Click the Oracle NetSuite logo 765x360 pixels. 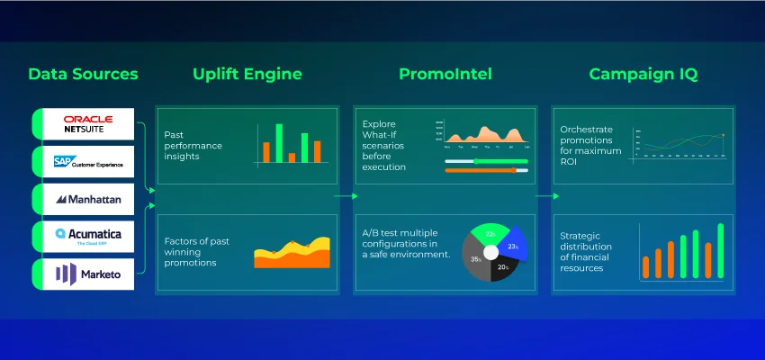tap(87, 123)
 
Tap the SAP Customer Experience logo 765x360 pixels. tap(87, 161)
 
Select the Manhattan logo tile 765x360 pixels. tap(87, 199)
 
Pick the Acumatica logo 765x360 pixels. tap(87, 237)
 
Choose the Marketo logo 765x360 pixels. tap(87, 274)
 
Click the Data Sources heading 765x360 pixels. tap(84, 74)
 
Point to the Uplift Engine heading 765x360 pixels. tap(247, 74)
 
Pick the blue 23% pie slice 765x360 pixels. tap(512, 246)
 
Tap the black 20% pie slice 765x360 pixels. tap(501, 266)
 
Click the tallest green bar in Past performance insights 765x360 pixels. tap(279, 143)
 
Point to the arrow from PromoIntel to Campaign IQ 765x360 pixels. tap(542, 195)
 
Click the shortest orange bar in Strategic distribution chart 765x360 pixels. tap(645, 267)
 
